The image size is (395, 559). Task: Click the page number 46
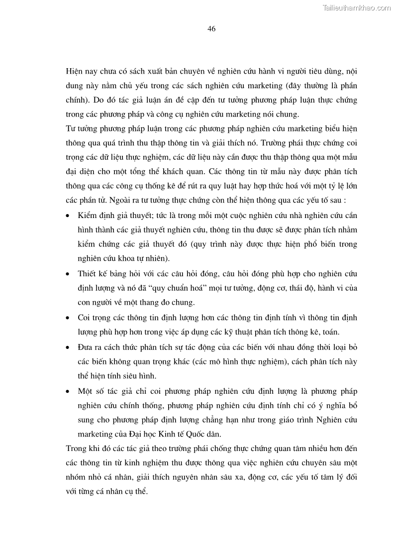211,29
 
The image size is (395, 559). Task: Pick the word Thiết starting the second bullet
88,274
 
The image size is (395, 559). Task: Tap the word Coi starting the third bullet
84,317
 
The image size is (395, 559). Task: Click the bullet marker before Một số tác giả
68,391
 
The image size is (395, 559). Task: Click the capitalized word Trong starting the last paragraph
76,448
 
